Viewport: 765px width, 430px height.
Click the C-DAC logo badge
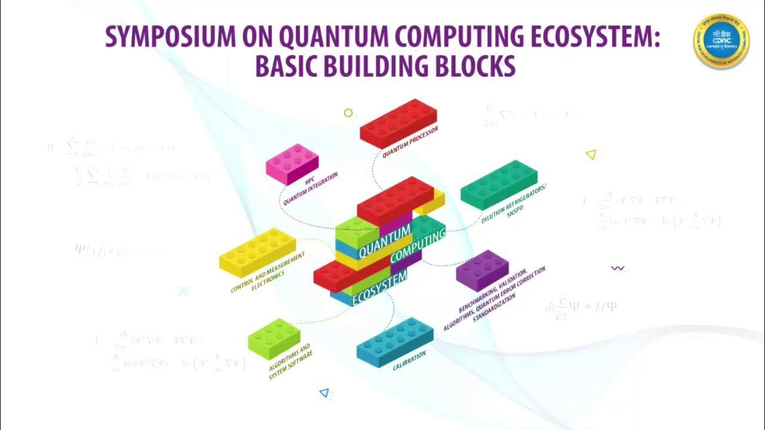(x=721, y=40)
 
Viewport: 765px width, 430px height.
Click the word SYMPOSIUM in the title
(x=161, y=38)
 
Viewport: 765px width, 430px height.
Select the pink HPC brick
(x=292, y=163)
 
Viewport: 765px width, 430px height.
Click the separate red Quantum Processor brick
(x=398, y=123)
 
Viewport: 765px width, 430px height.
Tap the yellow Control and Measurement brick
(x=258, y=251)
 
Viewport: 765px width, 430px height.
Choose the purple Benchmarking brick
(x=482, y=269)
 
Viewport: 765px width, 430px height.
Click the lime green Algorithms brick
(x=274, y=338)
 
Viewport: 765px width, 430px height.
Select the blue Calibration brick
(x=395, y=340)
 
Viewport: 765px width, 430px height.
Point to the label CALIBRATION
(x=409, y=361)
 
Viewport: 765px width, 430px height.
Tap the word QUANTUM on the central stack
(x=385, y=239)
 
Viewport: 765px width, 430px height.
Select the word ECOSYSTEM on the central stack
(x=380, y=287)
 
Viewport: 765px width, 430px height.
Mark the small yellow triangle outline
(x=591, y=155)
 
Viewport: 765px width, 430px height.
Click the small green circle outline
(x=348, y=113)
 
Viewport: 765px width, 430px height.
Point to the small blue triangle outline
(x=325, y=392)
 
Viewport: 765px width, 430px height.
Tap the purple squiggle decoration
(x=618, y=269)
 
